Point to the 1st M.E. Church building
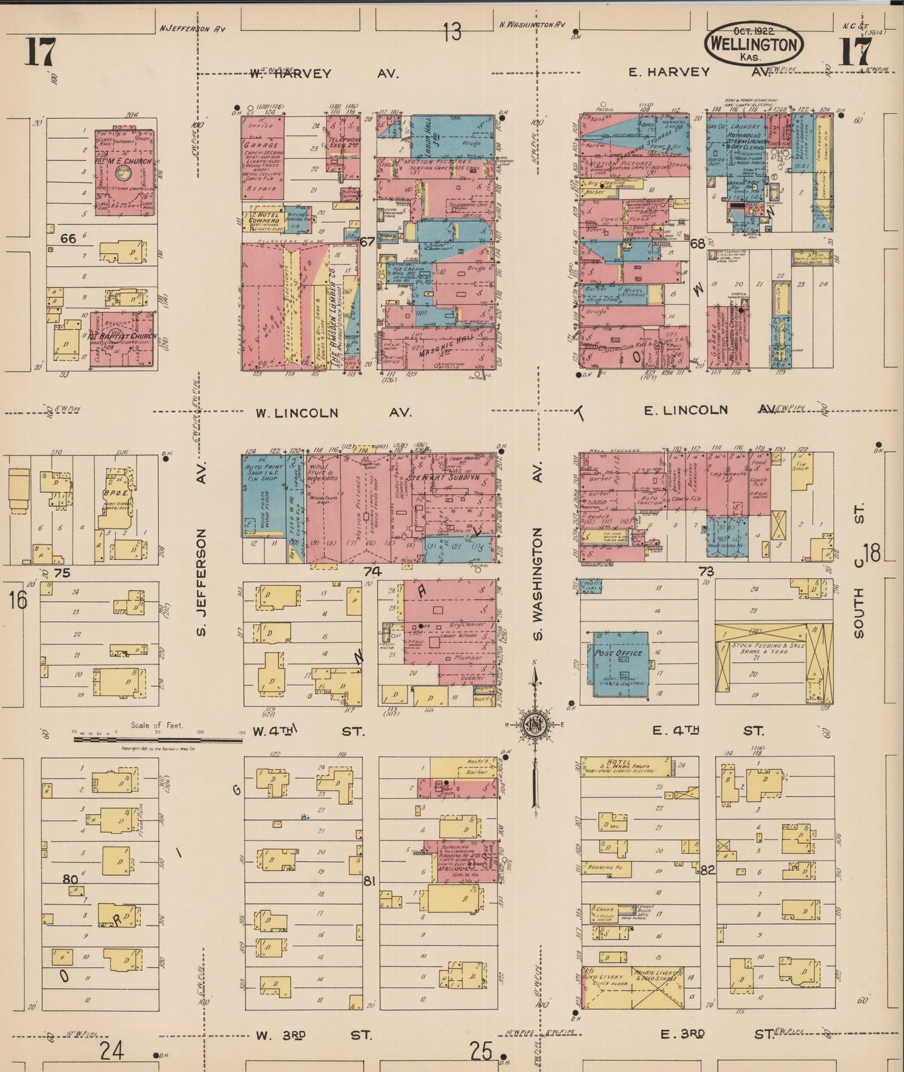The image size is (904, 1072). (125, 172)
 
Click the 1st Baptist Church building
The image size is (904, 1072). (122, 339)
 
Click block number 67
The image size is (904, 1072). (367, 241)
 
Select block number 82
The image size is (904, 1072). (707, 870)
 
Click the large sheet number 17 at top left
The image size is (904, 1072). (41, 52)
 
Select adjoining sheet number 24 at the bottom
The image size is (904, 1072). (112, 1051)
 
